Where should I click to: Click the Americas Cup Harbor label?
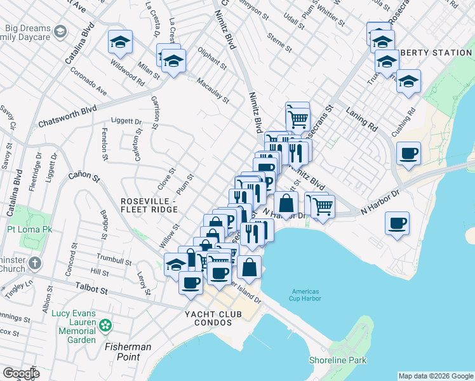310,296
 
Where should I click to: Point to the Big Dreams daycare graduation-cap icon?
60,31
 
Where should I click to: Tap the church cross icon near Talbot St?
35,263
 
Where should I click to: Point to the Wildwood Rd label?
127,74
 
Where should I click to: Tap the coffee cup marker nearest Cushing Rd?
409,153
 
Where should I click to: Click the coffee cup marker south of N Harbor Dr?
397,223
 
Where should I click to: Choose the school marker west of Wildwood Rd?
120,42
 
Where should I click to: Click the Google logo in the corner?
21,373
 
